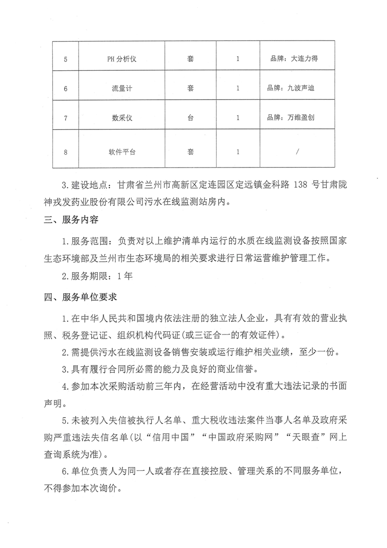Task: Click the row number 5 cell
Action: [x=65, y=59]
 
